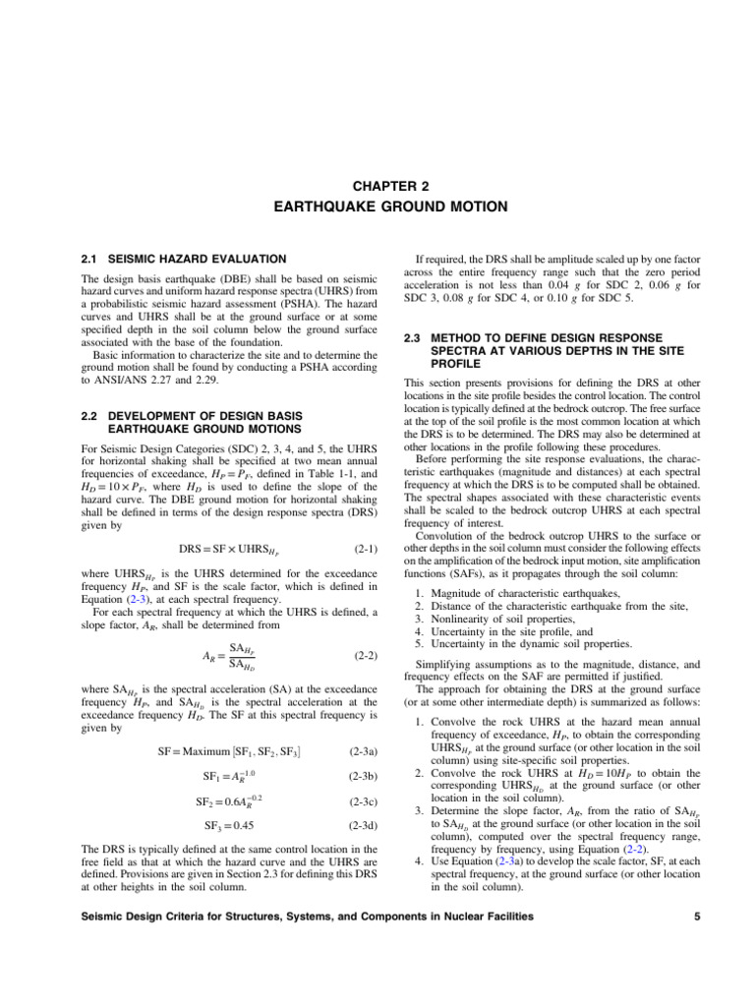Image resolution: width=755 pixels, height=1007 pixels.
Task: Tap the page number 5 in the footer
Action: click(x=695, y=917)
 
